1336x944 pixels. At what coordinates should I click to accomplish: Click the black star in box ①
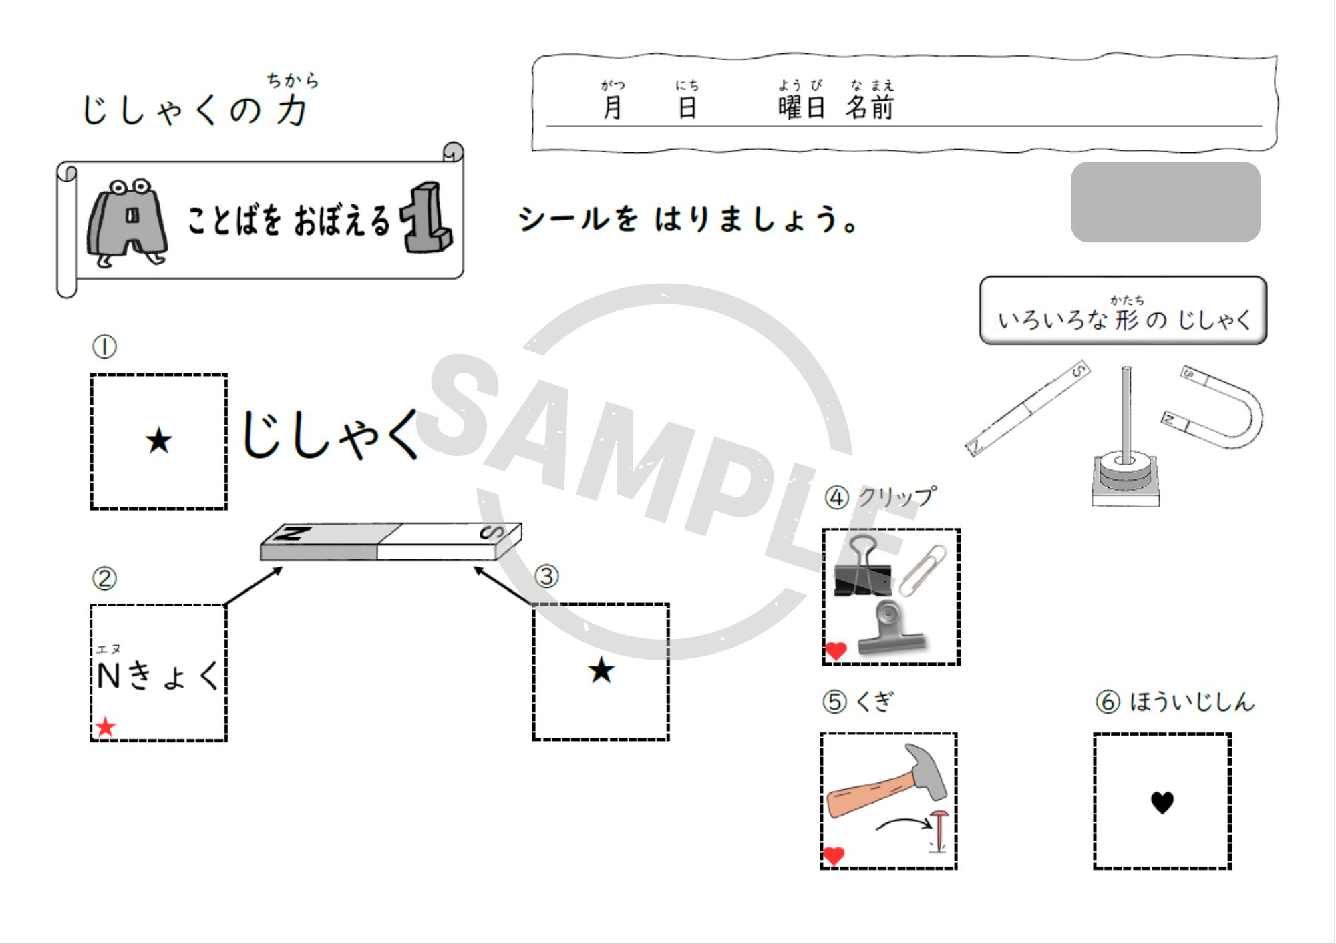[159, 441]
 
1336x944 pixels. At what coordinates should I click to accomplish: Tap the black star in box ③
[601, 670]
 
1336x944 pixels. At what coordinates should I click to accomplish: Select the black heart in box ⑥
[1162, 802]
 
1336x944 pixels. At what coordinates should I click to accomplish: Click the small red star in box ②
[106, 727]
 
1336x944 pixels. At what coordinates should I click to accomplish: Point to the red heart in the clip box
[836, 650]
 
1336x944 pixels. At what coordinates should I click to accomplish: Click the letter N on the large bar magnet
[294, 533]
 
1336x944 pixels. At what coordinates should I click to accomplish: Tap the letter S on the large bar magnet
[492, 532]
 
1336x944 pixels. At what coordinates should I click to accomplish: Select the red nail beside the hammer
[939, 831]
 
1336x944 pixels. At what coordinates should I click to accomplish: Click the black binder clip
[862, 568]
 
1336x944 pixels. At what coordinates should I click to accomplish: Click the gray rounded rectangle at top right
[1166, 202]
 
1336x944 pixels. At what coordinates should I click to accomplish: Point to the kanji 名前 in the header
[870, 107]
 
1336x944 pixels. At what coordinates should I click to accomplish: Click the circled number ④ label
[836, 498]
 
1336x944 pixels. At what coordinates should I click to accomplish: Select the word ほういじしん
[1192, 702]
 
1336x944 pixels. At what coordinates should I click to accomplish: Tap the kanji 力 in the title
[292, 109]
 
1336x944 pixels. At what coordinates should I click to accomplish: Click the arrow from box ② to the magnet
[253, 586]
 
